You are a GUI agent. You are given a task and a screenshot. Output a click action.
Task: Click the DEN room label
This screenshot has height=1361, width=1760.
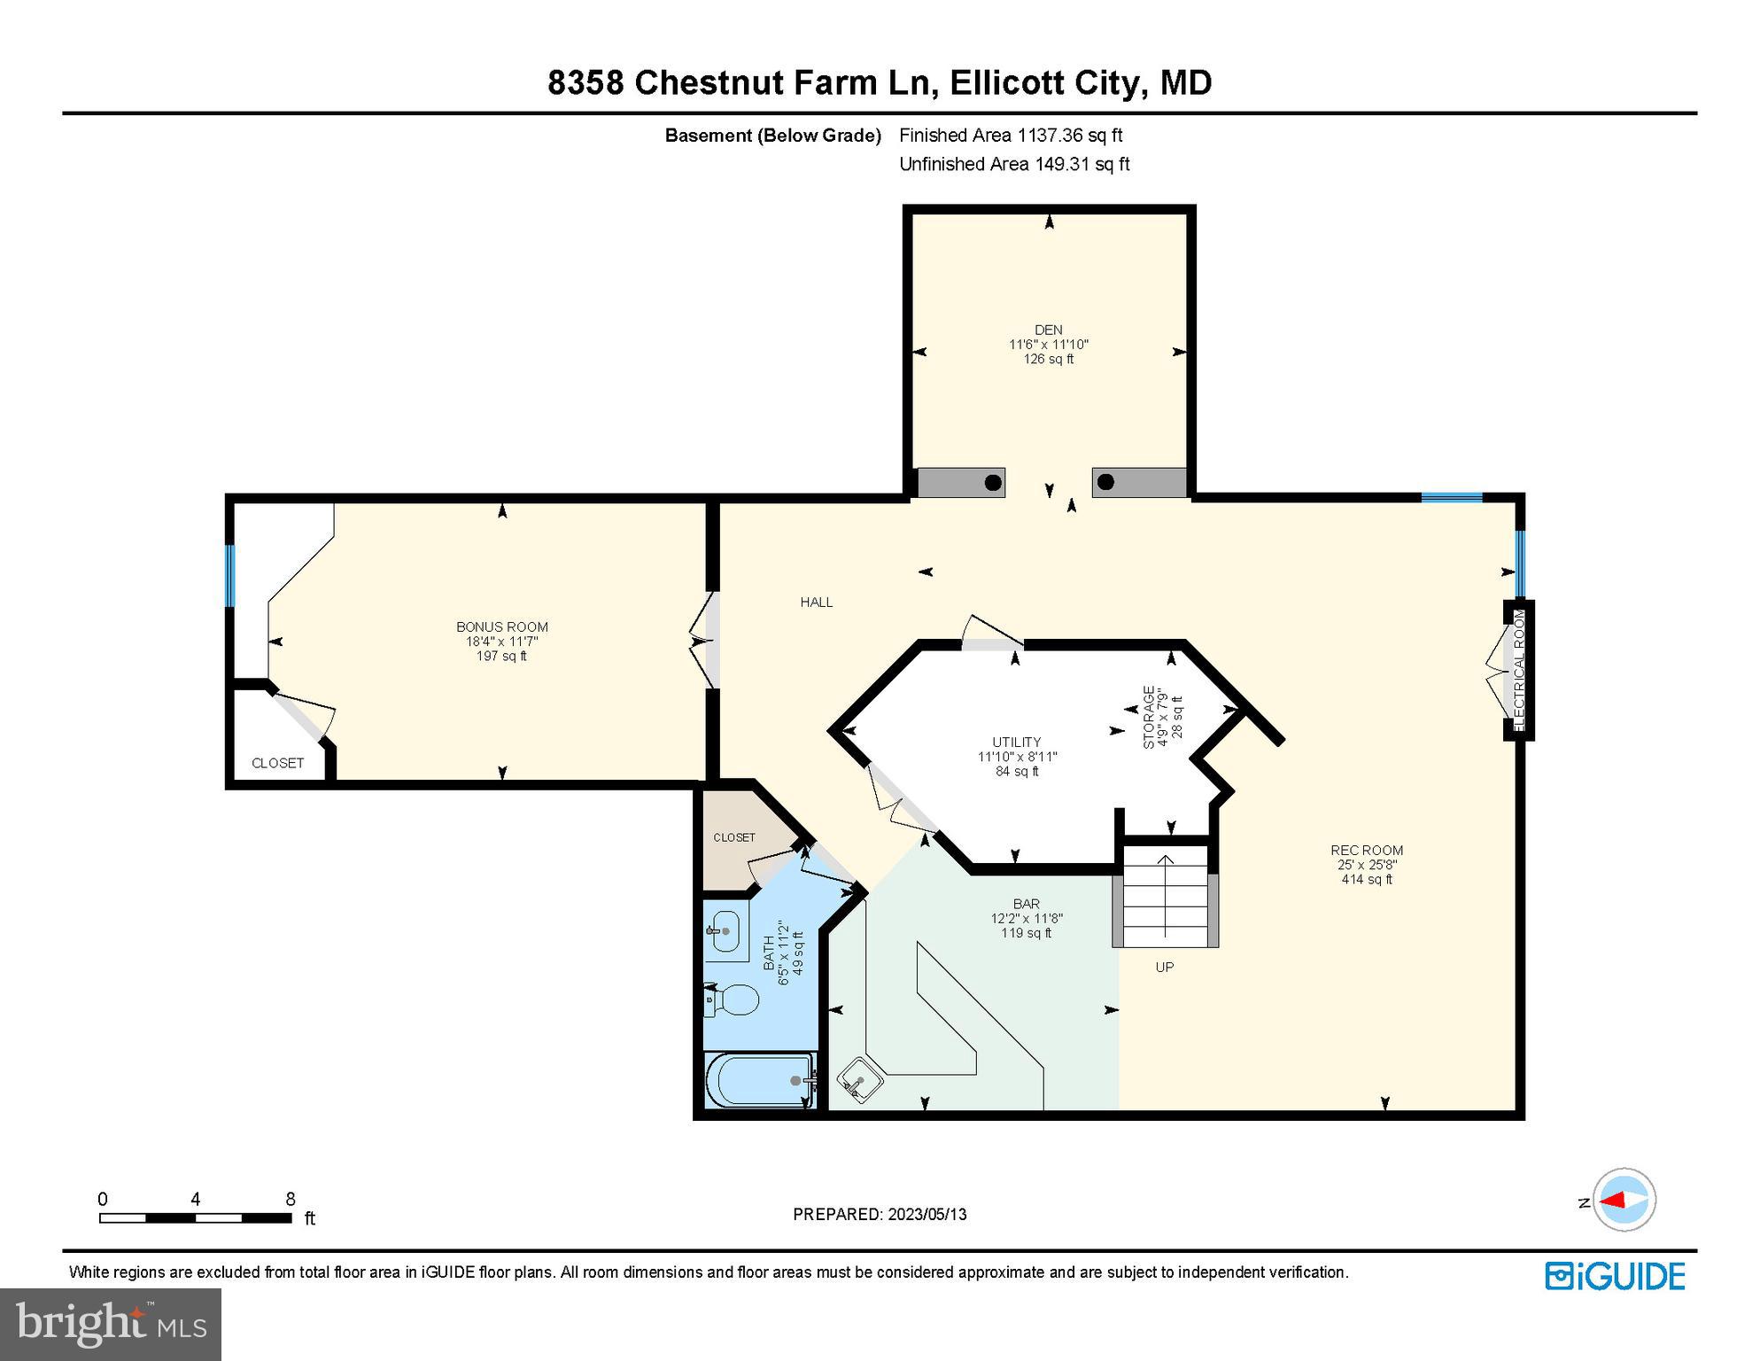pyautogui.click(x=1048, y=330)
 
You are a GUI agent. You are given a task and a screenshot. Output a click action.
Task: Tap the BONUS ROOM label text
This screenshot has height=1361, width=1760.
pyautogui.click(x=502, y=626)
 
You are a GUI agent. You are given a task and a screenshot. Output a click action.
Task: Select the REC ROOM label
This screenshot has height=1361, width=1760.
pyautogui.click(x=1366, y=850)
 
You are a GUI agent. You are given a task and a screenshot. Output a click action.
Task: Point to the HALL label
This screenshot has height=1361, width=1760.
pyautogui.click(x=816, y=602)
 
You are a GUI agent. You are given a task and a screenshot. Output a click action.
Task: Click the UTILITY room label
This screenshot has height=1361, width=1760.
pyautogui.click(x=1016, y=742)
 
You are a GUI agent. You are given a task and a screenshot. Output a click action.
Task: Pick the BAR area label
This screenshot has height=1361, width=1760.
pyautogui.click(x=1026, y=904)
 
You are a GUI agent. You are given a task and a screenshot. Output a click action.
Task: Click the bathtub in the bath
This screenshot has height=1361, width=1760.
pyautogui.click(x=759, y=1080)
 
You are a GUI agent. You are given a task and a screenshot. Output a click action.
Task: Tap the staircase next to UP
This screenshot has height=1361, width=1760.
pyautogui.click(x=1165, y=896)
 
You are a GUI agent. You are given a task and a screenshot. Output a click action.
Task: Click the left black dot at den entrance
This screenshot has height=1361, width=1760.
pyautogui.click(x=993, y=483)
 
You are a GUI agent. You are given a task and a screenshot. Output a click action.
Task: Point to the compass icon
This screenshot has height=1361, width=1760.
pyautogui.click(x=1624, y=1200)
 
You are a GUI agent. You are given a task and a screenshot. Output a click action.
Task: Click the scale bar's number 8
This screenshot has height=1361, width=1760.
pyautogui.click(x=290, y=1199)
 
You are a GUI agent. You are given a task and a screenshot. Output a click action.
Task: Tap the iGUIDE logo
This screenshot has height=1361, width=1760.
pyautogui.click(x=1615, y=1276)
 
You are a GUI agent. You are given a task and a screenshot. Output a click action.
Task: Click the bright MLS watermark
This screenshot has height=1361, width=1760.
pyautogui.click(x=110, y=1324)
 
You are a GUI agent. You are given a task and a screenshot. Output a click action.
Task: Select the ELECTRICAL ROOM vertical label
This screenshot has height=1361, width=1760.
pyautogui.click(x=1519, y=670)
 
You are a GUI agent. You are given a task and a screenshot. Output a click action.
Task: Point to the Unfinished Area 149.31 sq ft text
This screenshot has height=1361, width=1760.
pyautogui.click(x=1013, y=164)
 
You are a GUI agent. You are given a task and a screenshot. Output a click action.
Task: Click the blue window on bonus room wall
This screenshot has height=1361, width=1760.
pyautogui.click(x=229, y=575)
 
